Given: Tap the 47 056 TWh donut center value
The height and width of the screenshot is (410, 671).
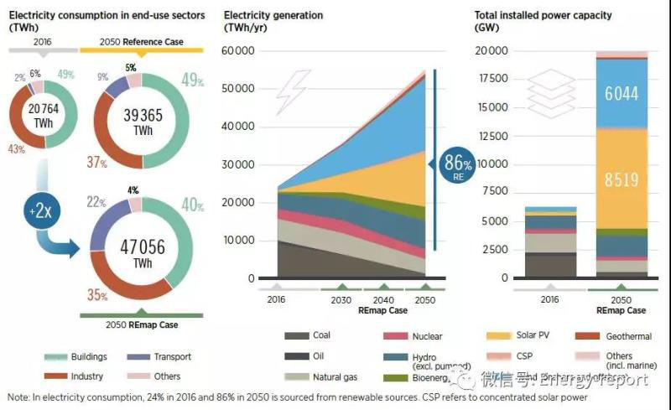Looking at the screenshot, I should [x=140, y=249].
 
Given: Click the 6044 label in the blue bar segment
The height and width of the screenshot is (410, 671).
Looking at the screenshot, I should [x=621, y=94].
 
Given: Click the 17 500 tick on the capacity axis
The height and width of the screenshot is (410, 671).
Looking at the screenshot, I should [x=490, y=80].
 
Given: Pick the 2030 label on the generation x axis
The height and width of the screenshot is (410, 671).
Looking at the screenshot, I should [x=341, y=299].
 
